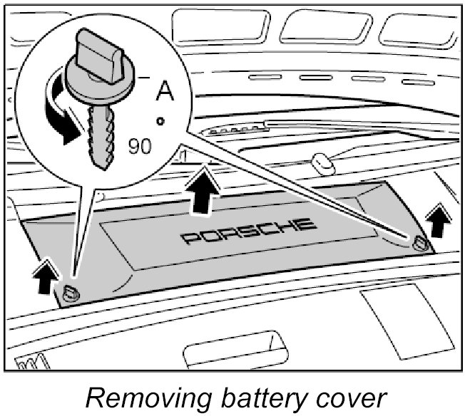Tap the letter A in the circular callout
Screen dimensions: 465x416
pos(165,91)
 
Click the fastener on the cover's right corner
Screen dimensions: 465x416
pos(419,244)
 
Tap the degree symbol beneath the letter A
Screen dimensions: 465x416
pos(162,122)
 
